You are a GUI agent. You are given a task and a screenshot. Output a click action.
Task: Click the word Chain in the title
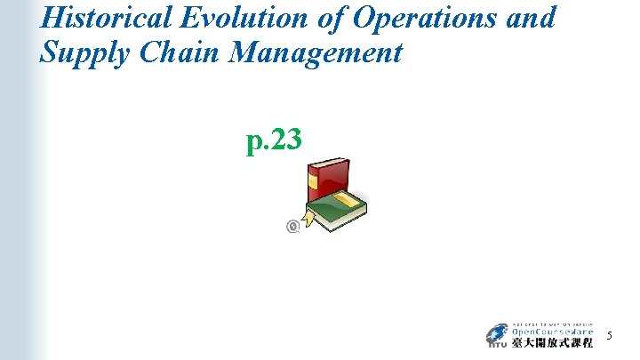pyautogui.click(x=172, y=52)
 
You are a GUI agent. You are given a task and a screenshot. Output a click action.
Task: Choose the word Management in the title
pyautogui.click(x=316, y=54)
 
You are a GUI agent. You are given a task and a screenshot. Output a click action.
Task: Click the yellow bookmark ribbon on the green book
pyautogui.click(x=308, y=219)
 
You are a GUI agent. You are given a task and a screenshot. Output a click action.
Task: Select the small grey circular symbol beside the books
pyautogui.click(x=292, y=227)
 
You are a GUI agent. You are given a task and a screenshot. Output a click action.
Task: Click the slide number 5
pyautogui.click(x=609, y=335)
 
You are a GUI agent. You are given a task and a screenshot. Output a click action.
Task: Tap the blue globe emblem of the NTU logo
pyautogui.click(x=495, y=335)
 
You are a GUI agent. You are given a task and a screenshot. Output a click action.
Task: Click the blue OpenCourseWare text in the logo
pyautogui.click(x=551, y=332)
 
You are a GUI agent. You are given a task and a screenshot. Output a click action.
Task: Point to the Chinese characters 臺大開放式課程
pyautogui.click(x=551, y=343)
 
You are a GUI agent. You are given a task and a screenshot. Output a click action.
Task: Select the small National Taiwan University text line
pyautogui.click(x=551, y=323)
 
